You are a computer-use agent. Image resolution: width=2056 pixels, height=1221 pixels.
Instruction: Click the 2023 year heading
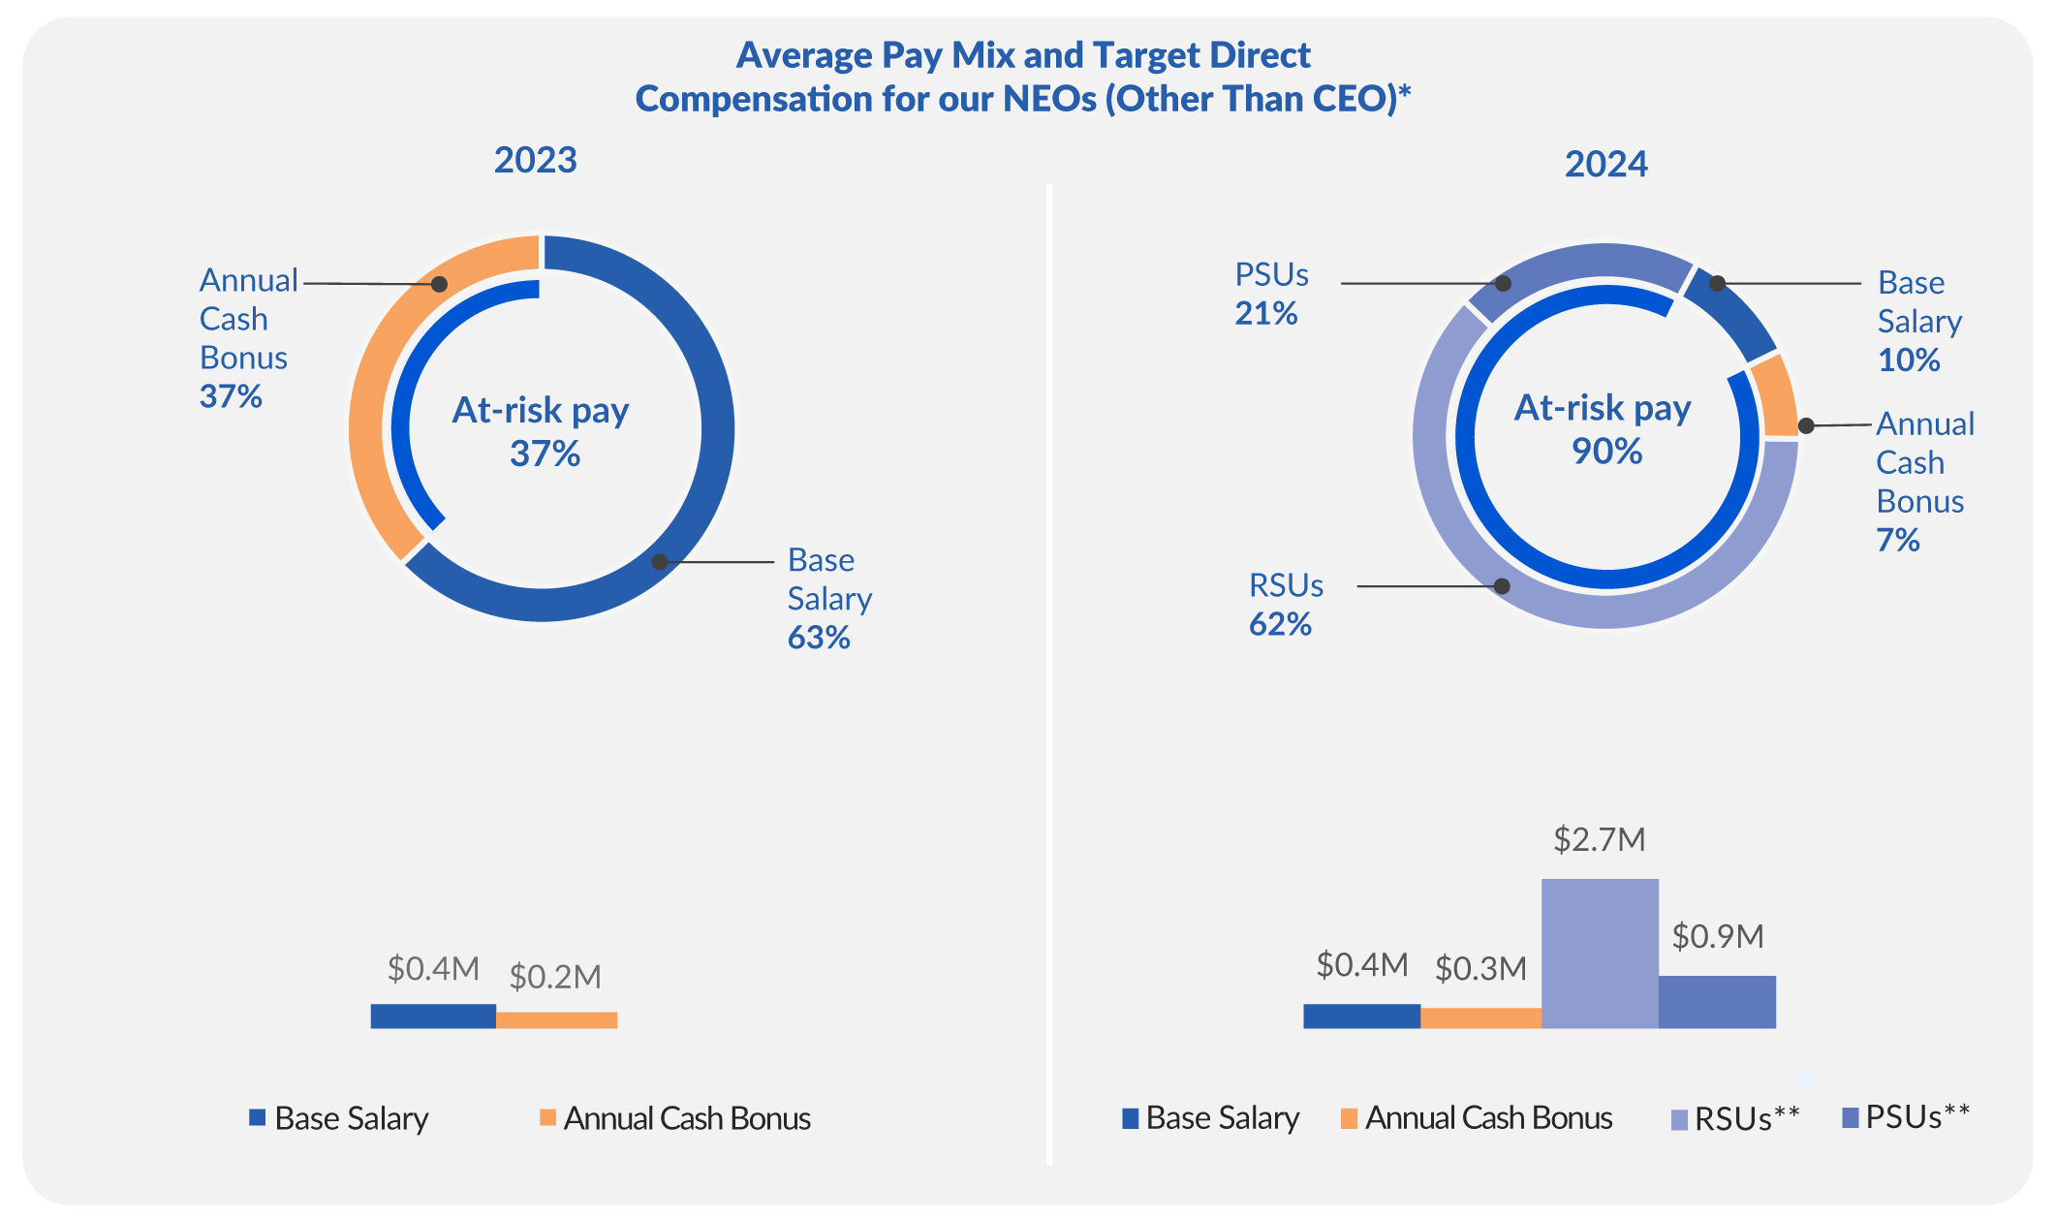[x=535, y=160]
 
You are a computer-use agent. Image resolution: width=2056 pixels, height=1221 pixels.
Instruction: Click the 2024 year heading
[x=1605, y=164]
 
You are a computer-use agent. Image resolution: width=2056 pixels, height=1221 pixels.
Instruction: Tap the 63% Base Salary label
[x=819, y=638]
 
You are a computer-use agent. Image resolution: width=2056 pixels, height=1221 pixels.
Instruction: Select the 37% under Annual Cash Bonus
[x=231, y=396]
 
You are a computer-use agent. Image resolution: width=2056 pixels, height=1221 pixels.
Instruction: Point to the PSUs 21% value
[x=1265, y=314]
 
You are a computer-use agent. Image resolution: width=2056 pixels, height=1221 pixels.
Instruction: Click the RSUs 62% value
[x=1280, y=625]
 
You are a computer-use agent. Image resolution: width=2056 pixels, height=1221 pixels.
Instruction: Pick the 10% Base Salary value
[x=1908, y=360]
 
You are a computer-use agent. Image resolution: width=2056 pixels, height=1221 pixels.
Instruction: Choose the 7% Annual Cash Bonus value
[x=1897, y=541]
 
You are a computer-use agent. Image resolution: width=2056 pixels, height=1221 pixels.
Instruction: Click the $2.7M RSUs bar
[x=1600, y=954]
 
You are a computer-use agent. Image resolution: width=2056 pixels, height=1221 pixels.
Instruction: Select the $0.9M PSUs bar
[x=1717, y=1002]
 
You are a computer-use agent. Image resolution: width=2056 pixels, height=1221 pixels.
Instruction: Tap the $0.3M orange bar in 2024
[x=1480, y=1017]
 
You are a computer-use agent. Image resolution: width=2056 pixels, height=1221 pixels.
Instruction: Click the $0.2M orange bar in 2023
[x=557, y=1019]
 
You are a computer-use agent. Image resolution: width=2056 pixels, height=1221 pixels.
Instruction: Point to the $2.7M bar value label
[x=1600, y=839]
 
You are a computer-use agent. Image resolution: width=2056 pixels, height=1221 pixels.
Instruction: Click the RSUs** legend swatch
[x=1679, y=1120]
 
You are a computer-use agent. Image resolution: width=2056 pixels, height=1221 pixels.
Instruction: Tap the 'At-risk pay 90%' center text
[x=1604, y=429]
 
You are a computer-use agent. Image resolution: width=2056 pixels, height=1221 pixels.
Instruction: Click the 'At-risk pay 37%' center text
[x=542, y=431]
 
